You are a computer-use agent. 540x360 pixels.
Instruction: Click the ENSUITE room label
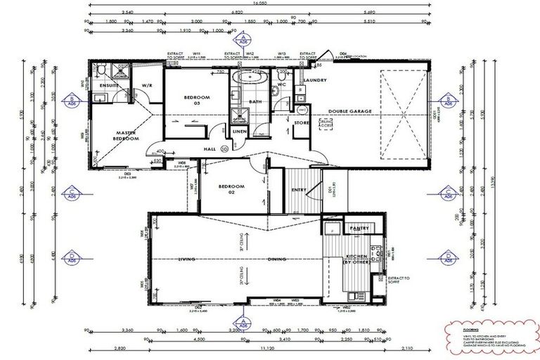pyautogui.click(x=110, y=86)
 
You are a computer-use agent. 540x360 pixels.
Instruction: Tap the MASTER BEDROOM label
pyautogui.click(x=127, y=135)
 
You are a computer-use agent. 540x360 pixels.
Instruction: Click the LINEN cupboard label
pyautogui.click(x=239, y=132)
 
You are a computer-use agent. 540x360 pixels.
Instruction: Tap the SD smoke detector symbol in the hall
pyautogui.click(x=224, y=148)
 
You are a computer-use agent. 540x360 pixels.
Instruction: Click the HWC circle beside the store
pyautogui.click(x=303, y=110)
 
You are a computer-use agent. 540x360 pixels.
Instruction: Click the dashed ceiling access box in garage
pyautogui.click(x=326, y=124)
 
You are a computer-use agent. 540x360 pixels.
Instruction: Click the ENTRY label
pyautogui.click(x=297, y=189)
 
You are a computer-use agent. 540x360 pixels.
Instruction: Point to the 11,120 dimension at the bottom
pyautogui.click(x=266, y=347)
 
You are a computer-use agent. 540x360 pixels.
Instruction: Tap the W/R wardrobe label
pyautogui.click(x=147, y=86)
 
